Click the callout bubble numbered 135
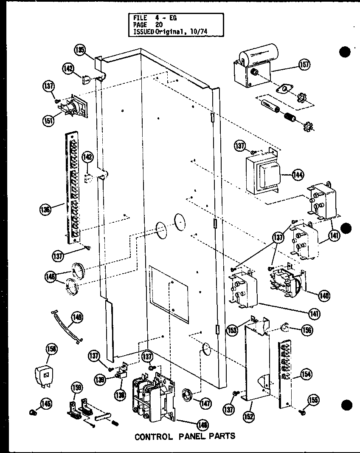point(79,50)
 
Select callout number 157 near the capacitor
point(304,64)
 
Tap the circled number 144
point(298,174)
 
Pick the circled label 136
point(46,209)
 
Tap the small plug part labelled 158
point(43,375)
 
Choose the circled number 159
point(77,388)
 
